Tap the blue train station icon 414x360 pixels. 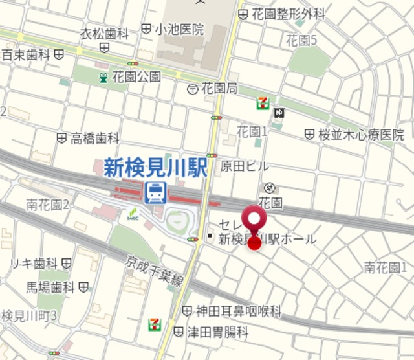click(155, 192)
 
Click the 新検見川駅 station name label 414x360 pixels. click(155, 168)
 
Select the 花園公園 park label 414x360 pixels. click(136, 77)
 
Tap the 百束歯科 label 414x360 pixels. click(27, 55)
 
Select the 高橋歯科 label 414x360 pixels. click(95, 138)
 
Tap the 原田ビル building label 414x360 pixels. click(245, 166)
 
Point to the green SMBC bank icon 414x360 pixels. click(133, 213)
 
